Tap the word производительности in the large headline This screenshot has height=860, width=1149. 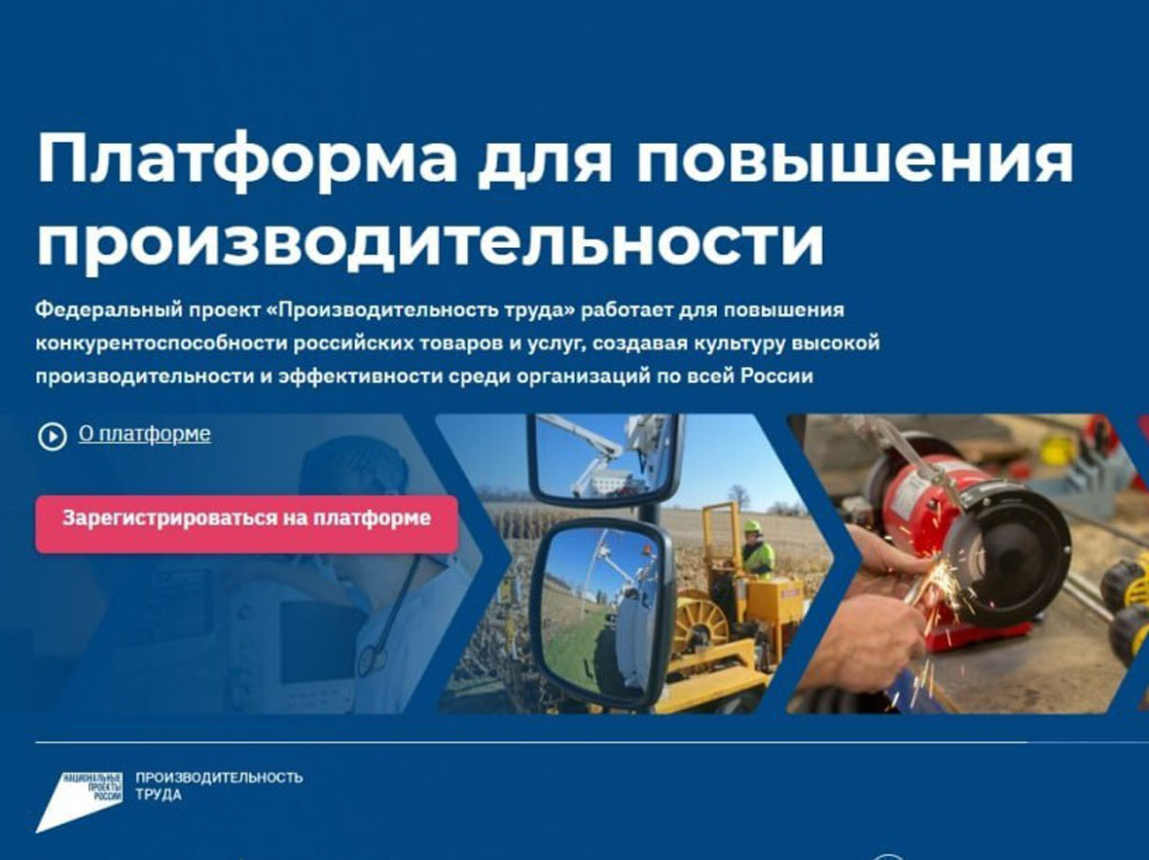tap(431, 241)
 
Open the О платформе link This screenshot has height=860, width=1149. tap(144, 434)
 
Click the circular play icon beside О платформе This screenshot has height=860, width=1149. tap(52, 437)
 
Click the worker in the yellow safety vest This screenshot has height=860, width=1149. tap(756, 551)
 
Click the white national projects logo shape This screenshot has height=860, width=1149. tap(79, 802)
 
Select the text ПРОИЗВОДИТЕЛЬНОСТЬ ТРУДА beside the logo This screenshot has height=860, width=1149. tap(219, 786)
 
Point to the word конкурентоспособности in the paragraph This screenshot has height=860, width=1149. tap(162, 343)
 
